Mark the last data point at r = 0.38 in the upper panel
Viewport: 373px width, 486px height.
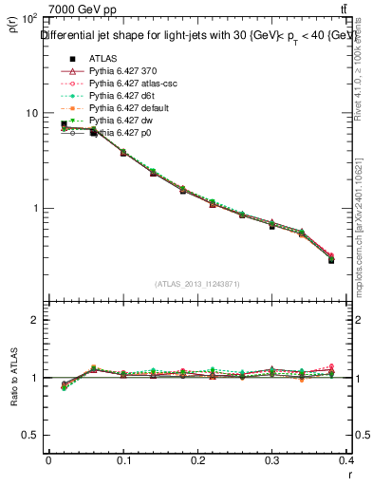coord(331,259)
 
